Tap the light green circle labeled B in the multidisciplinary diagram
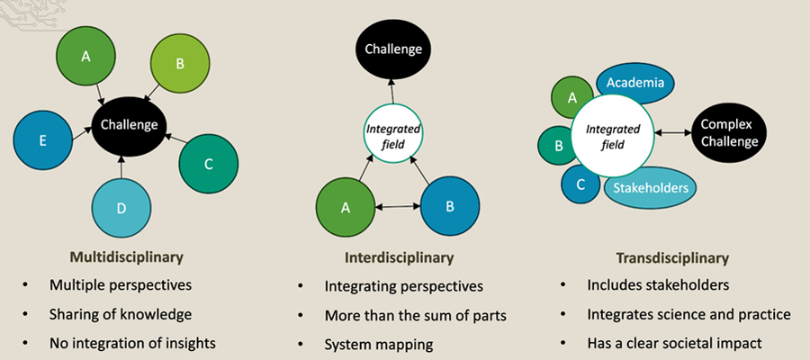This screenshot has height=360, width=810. (x=180, y=65)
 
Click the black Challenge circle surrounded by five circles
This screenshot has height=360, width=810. (x=129, y=126)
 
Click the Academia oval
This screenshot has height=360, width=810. (x=635, y=84)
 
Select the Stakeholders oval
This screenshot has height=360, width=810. (x=649, y=187)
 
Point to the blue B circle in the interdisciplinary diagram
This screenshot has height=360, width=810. (x=449, y=206)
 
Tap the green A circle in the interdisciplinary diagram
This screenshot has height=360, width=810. (x=346, y=206)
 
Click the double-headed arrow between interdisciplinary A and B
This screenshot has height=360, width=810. (x=397, y=208)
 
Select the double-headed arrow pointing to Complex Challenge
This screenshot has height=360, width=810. (x=672, y=132)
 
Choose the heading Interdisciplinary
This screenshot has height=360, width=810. (x=399, y=257)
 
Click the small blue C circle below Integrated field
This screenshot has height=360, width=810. (x=580, y=184)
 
